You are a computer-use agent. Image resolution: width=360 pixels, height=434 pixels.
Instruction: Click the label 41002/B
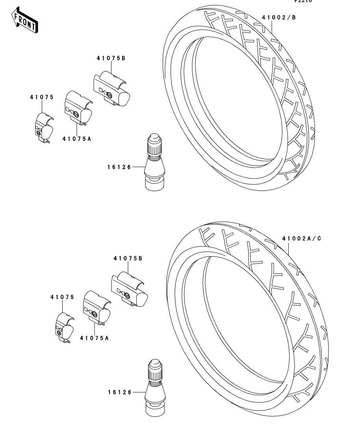tap(278, 17)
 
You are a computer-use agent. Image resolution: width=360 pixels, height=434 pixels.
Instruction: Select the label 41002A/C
tap(301, 238)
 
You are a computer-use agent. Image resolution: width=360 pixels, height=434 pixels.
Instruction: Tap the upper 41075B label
tap(111, 58)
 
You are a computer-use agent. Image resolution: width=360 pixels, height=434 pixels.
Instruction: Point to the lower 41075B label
tap(128, 259)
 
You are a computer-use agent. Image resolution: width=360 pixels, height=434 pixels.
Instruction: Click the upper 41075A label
tap(79, 139)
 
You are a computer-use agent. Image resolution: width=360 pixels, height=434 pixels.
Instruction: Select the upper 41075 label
tap(41, 97)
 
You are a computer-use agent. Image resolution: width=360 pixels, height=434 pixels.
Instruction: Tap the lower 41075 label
tap(62, 297)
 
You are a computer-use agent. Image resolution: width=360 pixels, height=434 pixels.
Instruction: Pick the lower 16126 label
tap(119, 392)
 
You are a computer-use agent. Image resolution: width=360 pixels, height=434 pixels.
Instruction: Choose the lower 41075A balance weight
tap(96, 308)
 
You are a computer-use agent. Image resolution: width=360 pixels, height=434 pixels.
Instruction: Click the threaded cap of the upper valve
tap(154, 145)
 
